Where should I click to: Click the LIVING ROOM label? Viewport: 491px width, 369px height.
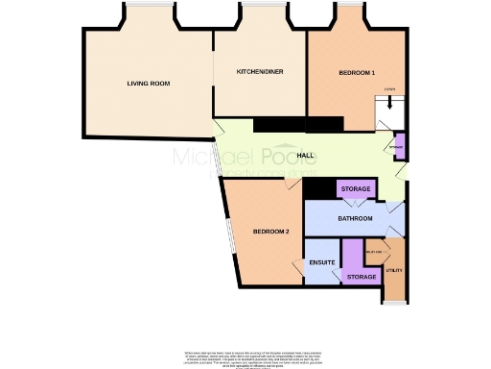148,84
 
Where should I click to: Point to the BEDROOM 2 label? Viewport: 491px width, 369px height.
270,232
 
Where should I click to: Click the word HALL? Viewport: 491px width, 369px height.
306,156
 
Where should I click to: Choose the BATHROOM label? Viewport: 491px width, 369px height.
355,219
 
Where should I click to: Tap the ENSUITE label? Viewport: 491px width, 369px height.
321,262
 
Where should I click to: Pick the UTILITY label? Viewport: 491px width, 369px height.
393,271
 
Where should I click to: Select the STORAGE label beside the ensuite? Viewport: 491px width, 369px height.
361,277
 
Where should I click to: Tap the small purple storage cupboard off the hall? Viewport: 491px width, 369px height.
400,146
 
